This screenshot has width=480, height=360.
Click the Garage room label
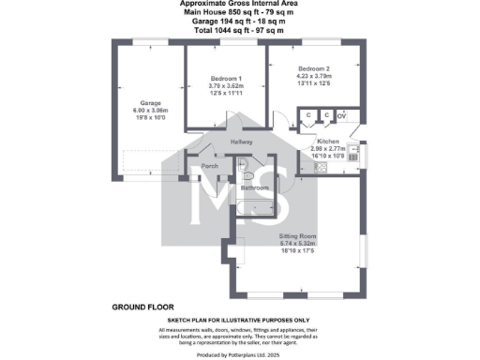click(150, 102)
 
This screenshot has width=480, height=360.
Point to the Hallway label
click(243, 142)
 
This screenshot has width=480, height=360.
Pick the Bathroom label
click(255, 187)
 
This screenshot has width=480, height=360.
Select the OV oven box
click(341, 115)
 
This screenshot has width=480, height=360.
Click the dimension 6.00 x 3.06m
click(150, 110)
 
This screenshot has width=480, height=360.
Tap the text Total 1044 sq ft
click(239, 31)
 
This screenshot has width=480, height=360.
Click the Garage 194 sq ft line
click(239, 22)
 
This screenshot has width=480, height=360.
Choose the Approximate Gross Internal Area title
click(239, 5)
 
